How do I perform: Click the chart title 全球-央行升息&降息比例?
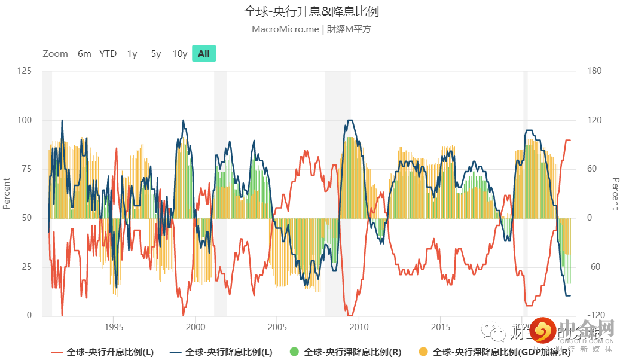tap(311, 11)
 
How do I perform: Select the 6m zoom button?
tap(84, 54)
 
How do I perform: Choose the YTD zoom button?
tap(108, 54)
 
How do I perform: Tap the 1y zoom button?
tap(132, 54)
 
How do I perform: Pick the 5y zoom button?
tap(156, 54)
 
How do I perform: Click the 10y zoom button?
tap(180, 54)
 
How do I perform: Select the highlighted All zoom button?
tap(204, 54)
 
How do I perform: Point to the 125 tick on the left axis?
tap(25, 71)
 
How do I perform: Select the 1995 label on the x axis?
tap(114, 327)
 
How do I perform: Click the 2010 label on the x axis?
tap(359, 327)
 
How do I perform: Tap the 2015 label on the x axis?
tap(441, 327)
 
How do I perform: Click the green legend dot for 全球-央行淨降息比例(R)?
tap(294, 352)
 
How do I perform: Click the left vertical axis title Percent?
tap(7, 193)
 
